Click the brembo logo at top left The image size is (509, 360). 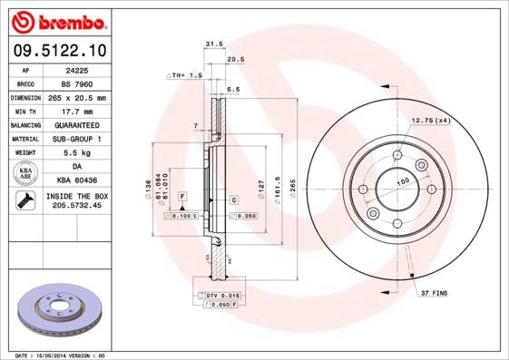tap(58, 19)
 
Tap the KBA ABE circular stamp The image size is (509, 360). tap(26, 174)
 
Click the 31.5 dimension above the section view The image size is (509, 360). tap(214, 43)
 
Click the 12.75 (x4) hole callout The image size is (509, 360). tap(430, 121)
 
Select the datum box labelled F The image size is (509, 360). tap(182, 196)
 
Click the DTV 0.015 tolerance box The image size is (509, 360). tap(217, 297)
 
